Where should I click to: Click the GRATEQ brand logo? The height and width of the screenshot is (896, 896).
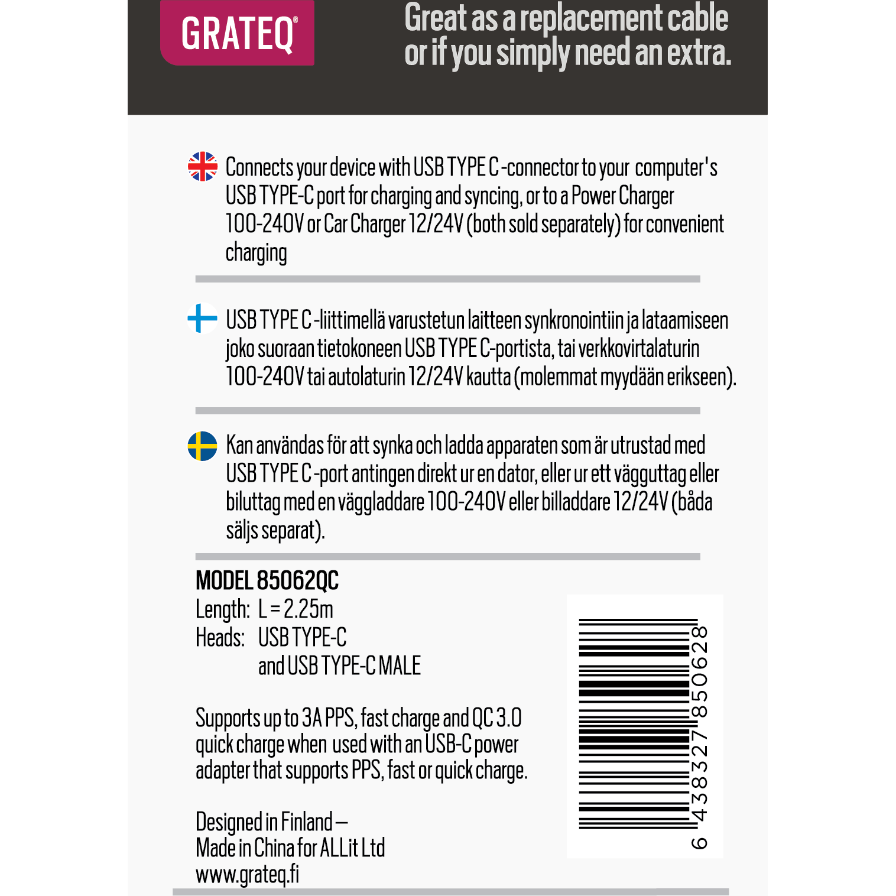(x=237, y=34)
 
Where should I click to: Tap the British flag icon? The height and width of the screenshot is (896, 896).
(x=203, y=167)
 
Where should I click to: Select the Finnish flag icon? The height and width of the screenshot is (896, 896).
(x=203, y=319)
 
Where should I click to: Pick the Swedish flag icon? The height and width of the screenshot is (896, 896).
(x=203, y=446)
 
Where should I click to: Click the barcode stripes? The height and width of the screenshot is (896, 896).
(x=634, y=724)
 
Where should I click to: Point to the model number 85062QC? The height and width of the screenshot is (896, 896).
(x=297, y=581)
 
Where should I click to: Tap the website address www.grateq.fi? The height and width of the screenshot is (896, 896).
(x=247, y=874)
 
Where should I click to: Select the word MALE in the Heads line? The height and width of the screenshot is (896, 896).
(x=400, y=666)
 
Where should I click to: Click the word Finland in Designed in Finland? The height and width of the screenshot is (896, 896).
(x=307, y=822)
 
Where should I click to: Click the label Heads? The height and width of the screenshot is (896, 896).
(x=220, y=638)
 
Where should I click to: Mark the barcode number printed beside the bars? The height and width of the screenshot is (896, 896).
(x=699, y=736)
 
